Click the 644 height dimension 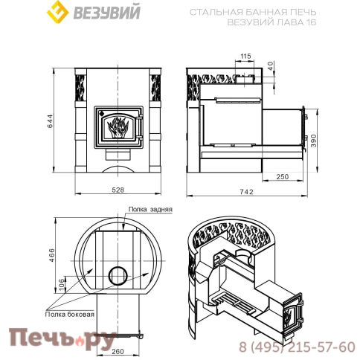(x=50, y=121)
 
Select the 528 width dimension (x=118, y=190)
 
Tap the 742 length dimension (x=247, y=192)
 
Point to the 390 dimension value (x=314, y=141)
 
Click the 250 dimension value (x=283, y=176)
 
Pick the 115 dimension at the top (x=245, y=57)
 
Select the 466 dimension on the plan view (x=51, y=255)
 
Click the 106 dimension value (x=61, y=286)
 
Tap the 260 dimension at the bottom (x=118, y=351)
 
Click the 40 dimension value (x=271, y=65)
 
